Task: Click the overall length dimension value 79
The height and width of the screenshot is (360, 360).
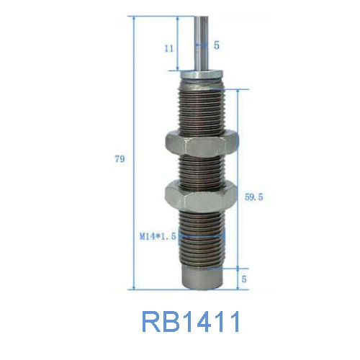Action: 120,158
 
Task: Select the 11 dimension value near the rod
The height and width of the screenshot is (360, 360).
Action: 168,48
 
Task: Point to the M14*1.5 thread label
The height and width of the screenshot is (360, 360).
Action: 158,235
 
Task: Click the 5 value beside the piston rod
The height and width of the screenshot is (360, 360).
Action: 217,45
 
